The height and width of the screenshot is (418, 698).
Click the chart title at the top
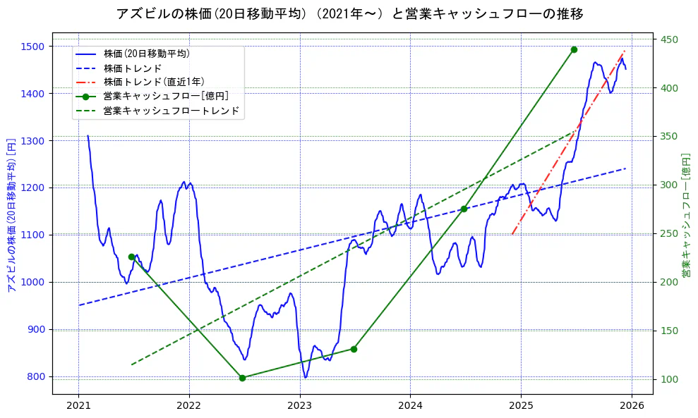pos(349,13)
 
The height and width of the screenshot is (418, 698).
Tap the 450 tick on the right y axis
pos(668,39)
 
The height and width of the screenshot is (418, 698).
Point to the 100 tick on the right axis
pos(668,379)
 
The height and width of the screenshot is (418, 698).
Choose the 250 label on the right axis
pos(668,233)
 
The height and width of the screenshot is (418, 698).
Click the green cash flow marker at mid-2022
pos(242,378)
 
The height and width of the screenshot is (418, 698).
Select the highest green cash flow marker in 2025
pos(574,49)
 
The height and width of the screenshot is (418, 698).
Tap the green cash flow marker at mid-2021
pos(131,257)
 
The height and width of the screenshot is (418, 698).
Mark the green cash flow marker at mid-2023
pos(354,349)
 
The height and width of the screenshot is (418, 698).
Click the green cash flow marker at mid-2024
pos(464,209)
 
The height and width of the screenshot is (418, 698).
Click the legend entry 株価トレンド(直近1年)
pos(153,82)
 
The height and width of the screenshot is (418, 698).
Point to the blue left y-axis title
pos(11,215)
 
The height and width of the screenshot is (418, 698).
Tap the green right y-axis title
pos(686,215)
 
